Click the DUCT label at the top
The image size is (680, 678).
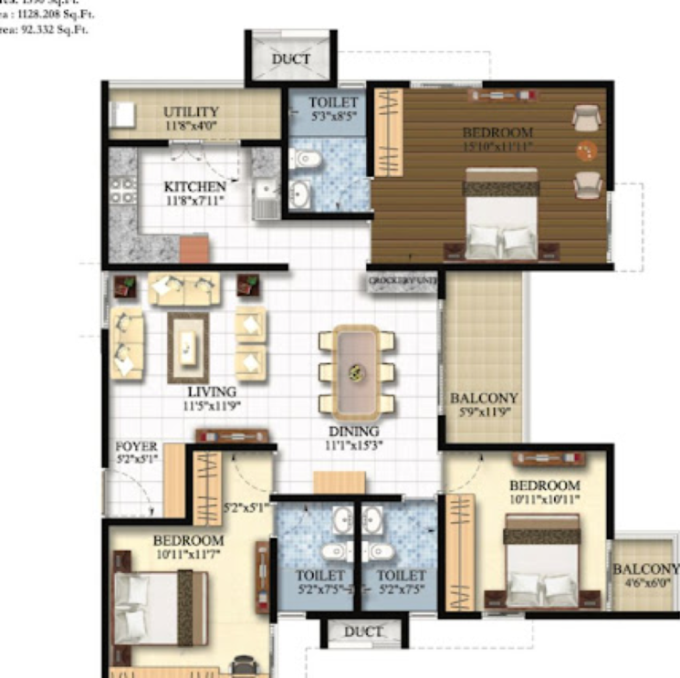pyautogui.click(x=291, y=59)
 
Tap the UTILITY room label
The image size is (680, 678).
pyautogui.click(x=191, y=112)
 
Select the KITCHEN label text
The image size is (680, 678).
pyautogui.click(x=194, y=187)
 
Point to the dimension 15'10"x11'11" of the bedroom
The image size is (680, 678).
pyautogui.click(x=497, y=146)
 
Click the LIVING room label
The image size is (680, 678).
pyautogui.click(x=212, y=392)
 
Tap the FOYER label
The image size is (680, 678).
pyautogui.click(x=137, y=447)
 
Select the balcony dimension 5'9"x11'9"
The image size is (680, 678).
pyautogui.click(x=484, y=412)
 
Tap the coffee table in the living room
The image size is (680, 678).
pyautogui.click(x=188, y=347)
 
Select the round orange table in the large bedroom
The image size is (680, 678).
pyautogui.click(x=585, y=151)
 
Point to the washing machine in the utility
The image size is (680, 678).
pyautogui.click(x=121, y=116)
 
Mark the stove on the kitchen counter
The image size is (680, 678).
pyautogui.click(x=119, y=192)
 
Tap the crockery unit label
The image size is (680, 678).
pyautogui.click(x=403, y=282)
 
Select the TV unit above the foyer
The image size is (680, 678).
pyautogui.click(x=232, y=435)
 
